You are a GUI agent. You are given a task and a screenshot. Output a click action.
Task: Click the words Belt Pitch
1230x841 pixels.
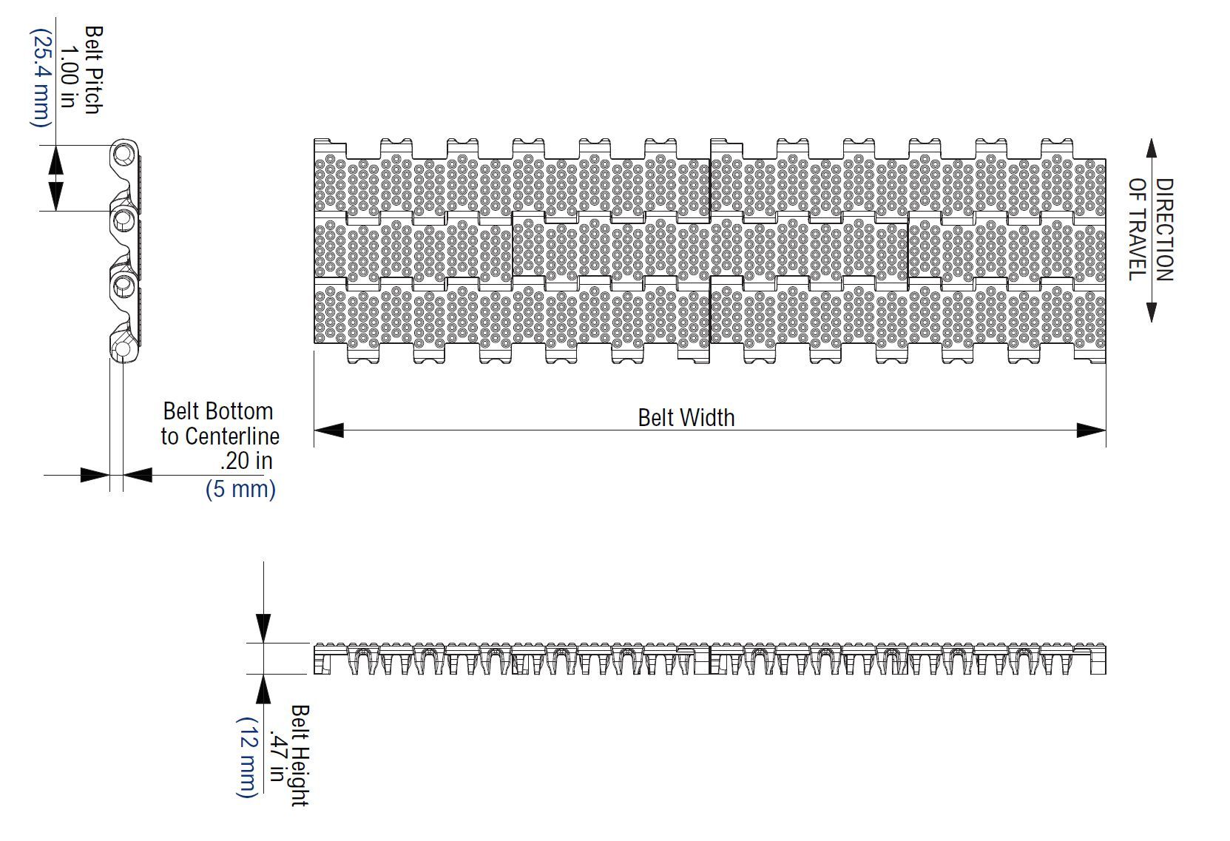[92, 70]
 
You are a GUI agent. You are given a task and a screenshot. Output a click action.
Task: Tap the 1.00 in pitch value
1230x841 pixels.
[69, 76]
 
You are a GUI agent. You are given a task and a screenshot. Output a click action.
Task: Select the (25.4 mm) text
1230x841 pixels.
[41, 78]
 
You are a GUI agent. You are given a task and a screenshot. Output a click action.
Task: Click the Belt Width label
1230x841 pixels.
[686, 418]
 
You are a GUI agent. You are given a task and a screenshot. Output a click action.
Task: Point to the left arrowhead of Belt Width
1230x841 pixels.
[329, 430]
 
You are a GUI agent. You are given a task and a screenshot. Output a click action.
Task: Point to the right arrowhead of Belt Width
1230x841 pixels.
[1091, 430]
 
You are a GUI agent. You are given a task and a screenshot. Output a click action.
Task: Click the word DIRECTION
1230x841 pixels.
[1164, 229]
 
